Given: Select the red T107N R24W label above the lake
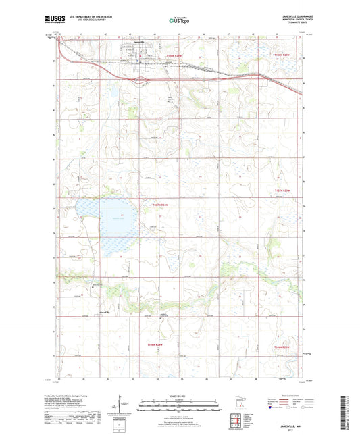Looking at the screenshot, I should click(163, 205).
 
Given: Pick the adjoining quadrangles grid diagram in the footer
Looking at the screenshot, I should click(238, 419).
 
